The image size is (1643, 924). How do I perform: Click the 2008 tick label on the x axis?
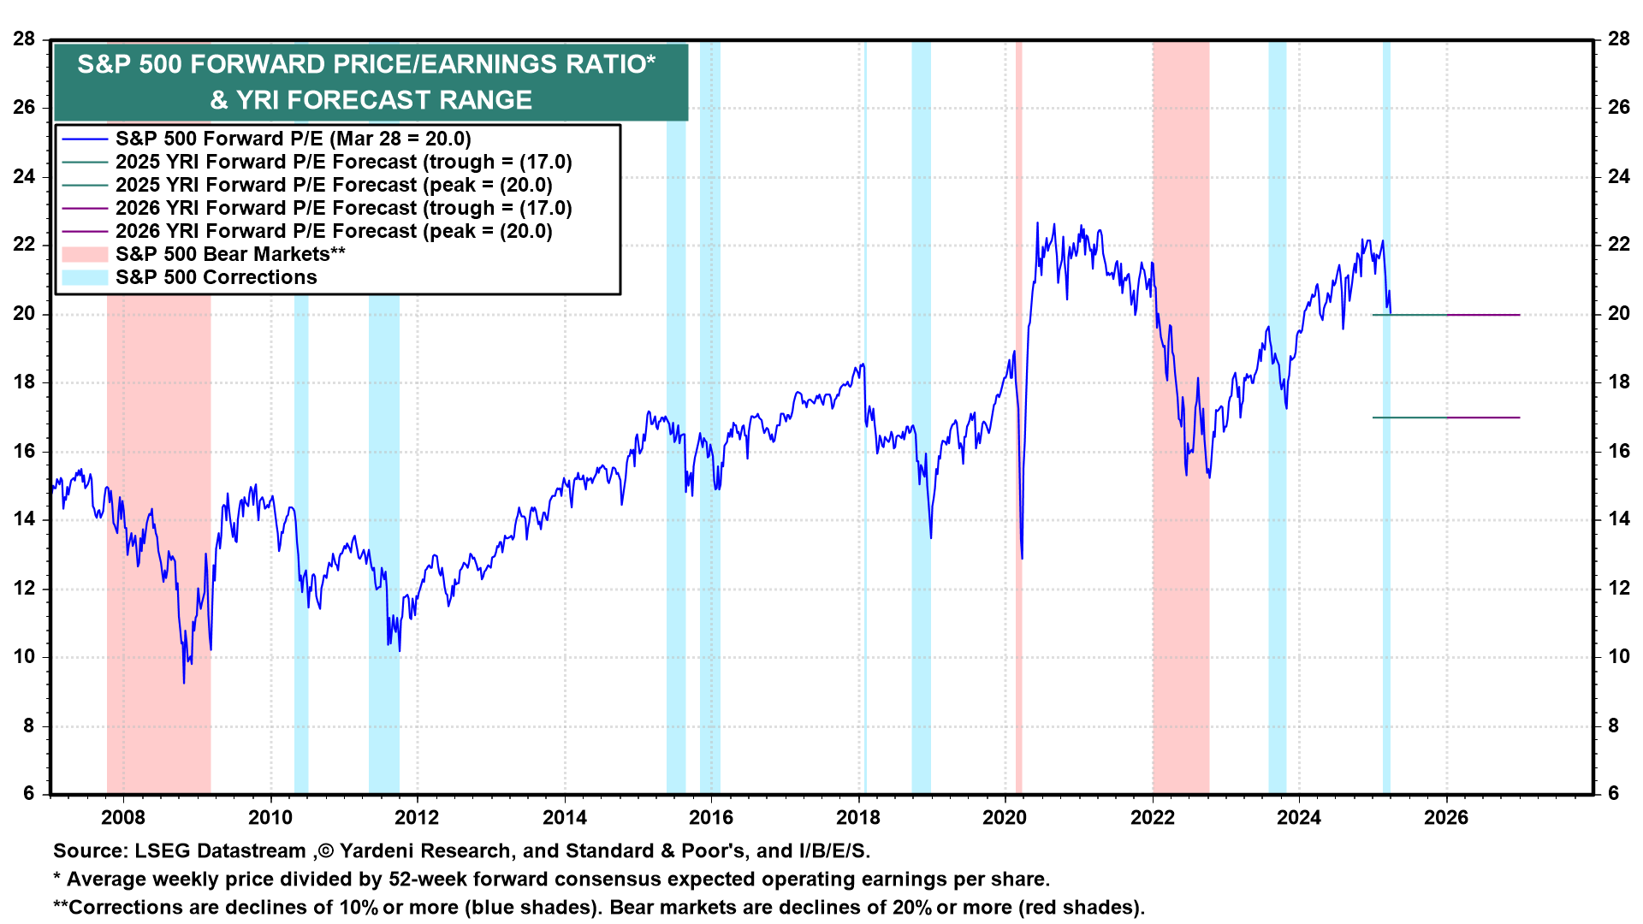coord(123,817)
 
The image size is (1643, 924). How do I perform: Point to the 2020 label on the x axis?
coord(1005,817)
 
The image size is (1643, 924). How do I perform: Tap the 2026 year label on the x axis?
coord(1446,817)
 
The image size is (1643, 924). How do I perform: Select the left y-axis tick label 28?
coord(24,38)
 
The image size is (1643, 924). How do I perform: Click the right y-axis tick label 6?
coord(1614,793)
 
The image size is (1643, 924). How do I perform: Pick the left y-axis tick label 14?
coord(24,519)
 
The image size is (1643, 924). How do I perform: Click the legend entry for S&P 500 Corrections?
coord(216,277)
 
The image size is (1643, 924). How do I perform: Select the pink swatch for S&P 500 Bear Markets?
coord(85,254)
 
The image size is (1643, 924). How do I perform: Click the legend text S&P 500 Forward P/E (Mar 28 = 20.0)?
coord(293,139)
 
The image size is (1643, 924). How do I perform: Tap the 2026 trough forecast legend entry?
coord(343,208)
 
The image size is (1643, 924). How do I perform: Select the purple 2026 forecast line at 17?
coord(1484,418)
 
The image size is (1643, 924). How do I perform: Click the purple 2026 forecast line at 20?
coord(1484,315)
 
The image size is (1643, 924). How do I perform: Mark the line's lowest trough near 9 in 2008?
coord(184,682)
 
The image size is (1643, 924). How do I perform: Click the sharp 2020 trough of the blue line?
coord(1022,558)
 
